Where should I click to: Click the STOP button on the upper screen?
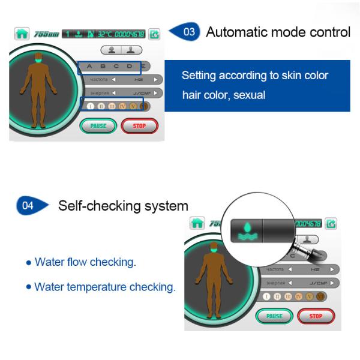pos(139,126)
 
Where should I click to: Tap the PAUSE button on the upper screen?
pos(98,126)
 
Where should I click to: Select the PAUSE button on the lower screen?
pos(274,316)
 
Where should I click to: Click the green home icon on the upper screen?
pos(22,34)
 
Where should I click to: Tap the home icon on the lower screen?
pos(197,223)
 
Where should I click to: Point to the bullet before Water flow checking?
pos(29,263)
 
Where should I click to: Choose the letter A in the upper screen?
pos(89,66)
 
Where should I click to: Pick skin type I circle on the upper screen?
pos(91,107)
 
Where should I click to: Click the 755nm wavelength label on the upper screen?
pos(44,34)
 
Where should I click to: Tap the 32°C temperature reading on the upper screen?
pos(104,34)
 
